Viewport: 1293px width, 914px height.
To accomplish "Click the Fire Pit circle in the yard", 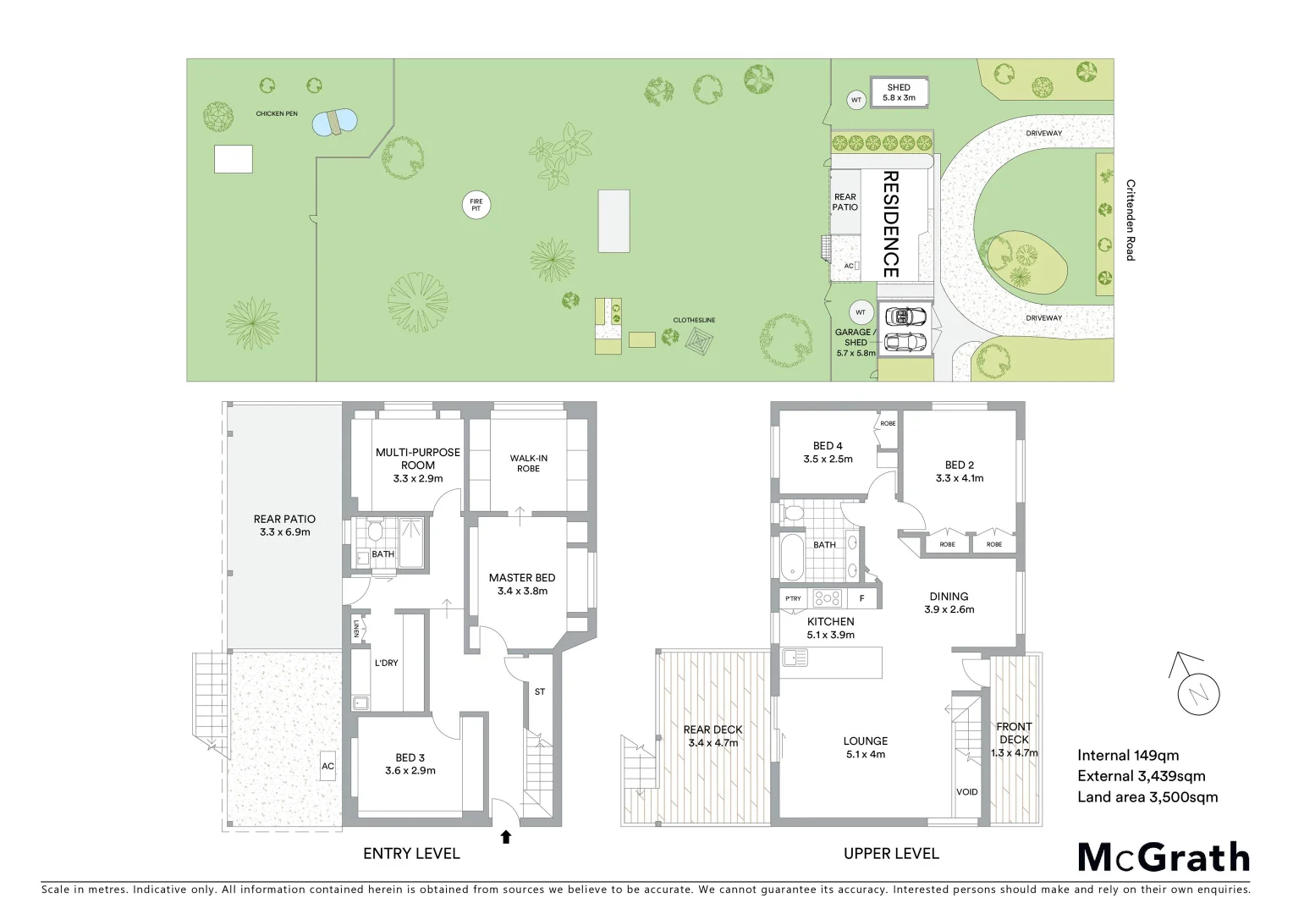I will (x=476, y=206).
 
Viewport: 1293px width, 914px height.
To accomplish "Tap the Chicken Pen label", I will (x=277, y=113).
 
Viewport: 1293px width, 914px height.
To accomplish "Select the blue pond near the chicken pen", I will (x=334, y=123).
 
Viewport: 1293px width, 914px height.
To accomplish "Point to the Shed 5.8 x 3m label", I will (x=899, y=92).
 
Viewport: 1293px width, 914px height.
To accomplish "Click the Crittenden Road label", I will (x=1130, y=219).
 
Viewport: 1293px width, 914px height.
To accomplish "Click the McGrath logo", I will (x=1164, y=857).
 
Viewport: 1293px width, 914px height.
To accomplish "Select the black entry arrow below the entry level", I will (x=506, y=837).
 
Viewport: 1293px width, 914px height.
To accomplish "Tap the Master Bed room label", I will (x=522, y=584).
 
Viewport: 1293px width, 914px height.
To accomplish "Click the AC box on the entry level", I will (x=327, y=766).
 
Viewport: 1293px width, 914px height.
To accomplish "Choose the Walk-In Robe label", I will (x=528, y=463).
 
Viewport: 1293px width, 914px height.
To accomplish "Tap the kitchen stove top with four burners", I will (x=827, y=598).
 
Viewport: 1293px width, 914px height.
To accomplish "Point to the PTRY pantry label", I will (x=793, y=598).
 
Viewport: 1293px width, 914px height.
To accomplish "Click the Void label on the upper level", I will (x=966, y=792).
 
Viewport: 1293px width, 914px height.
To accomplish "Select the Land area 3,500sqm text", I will (x=1147, y=797).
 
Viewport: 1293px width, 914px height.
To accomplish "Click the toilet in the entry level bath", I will (x=375, y=531).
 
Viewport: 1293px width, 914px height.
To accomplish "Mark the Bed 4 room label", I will (x=828, y=452).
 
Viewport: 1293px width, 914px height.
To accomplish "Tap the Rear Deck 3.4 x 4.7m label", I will (x=713, y=736).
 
